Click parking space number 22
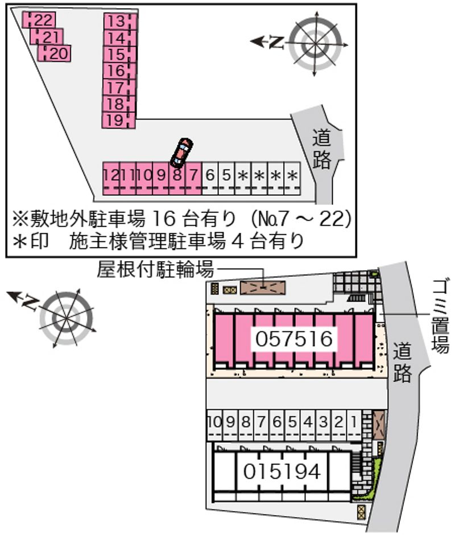(x=39, y=20)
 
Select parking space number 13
(x=120, y=22)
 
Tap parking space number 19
(x=119, y=120)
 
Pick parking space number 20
(x=54, y=53)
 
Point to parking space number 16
(x=119, y=71)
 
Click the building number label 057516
(x=294, y=339)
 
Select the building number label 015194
(x=282, y=471)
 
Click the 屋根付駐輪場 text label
(x=155, y=270)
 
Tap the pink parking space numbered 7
(x=194, y=178)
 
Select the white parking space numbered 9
(x=230, y=425)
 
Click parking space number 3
(x=324, y=425)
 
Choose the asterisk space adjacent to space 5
(x=243, y=178)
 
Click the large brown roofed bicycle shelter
(x=263, y=288)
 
